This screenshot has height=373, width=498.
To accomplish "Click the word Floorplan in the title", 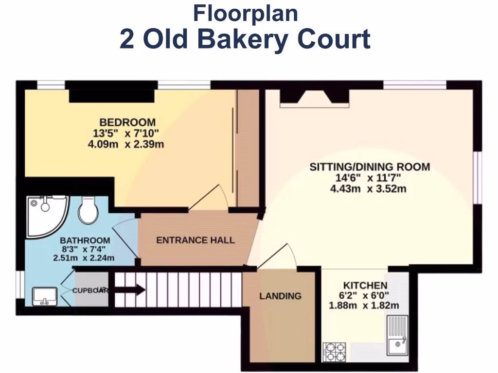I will click(x=245, y=13).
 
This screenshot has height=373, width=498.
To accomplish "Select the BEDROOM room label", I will click(x=127, y=122).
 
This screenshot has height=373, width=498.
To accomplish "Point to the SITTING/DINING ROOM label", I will click(x=370, y=167).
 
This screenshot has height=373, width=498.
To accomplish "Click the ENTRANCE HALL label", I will click(x=195, y=240).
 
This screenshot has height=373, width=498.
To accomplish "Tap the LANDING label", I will click(x=280, y=296).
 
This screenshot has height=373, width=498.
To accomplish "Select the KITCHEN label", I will click(x=365, y=286).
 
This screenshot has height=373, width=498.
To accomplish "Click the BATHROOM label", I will click(x=85, y=240).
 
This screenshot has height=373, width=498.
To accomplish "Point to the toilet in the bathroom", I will click(x=89, y=210).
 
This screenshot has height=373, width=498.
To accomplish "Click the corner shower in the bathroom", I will click(x=44, y=214).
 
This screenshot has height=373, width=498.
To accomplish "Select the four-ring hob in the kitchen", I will click(x=335, y=352).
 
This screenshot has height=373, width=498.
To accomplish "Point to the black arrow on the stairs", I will click(x=129, y=290).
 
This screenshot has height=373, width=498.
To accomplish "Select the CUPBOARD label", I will click(x=89, y=291).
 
